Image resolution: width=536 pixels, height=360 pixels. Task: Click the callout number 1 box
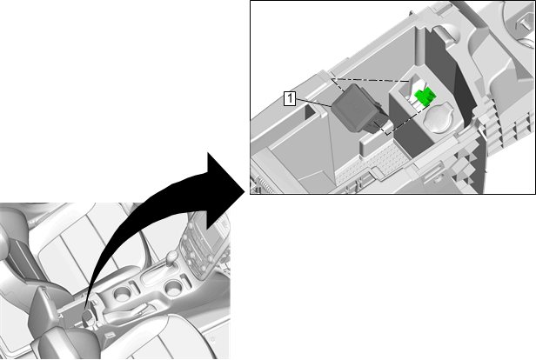click(x=290, y=98)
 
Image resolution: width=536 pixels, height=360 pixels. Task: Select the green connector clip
click(x=425, y=96)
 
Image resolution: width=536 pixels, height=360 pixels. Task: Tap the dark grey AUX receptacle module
click(x=356, y=108)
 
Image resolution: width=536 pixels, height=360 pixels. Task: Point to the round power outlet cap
click(x=439, y=119)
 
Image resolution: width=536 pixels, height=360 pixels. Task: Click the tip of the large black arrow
click(x=245, y=192)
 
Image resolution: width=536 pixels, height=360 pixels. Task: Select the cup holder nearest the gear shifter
click(x=173, y=287)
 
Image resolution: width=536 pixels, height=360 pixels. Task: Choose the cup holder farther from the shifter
click(x=122, y=293)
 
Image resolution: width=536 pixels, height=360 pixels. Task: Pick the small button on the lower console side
click(x=110, y=335)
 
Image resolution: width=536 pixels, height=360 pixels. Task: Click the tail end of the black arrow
click(x=86, y=308)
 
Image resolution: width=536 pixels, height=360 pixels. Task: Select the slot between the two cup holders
click(x=133, y=285)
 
